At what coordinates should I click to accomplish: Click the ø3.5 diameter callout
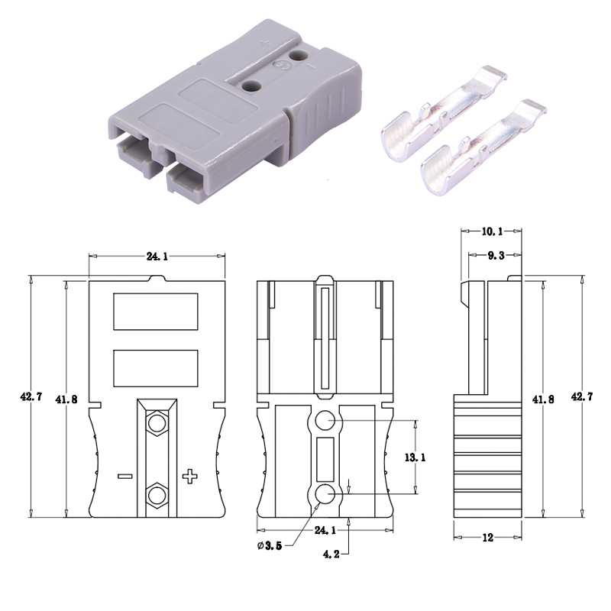[272, 545]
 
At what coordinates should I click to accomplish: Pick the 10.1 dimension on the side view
[492, 230]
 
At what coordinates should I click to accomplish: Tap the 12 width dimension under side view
[489, 537]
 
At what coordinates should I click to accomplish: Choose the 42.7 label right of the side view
[580, 397]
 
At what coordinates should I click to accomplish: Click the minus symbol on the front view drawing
[126, 477]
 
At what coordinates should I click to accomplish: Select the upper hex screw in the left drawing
[157, 422]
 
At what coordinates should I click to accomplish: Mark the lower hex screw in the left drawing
[157, 495]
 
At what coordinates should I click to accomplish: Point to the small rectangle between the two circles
[325, 457]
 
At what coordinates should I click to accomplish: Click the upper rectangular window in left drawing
[156, 312]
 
